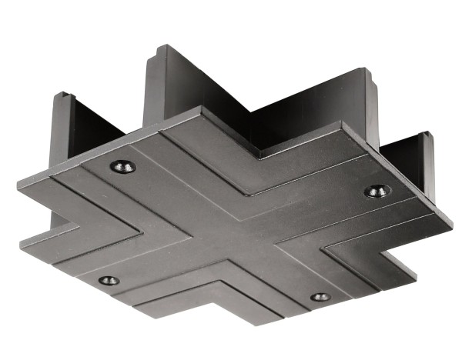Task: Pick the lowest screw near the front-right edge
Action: (x=320, y=296)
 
